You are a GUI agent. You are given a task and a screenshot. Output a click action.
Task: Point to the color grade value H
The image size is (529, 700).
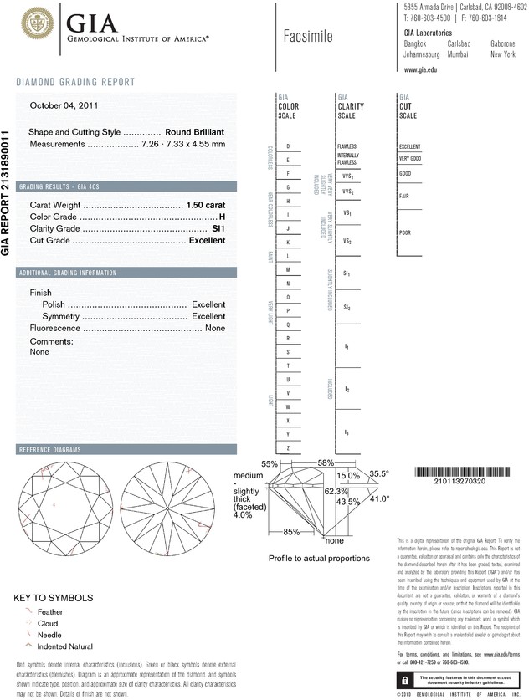pyautogui.click(x=222, y=217)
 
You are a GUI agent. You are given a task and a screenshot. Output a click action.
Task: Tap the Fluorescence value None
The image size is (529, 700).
pyautogui.click(x=215, y=329)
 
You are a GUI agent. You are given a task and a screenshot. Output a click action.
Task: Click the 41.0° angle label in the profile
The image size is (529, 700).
pyautogui.click(x=380, y=498)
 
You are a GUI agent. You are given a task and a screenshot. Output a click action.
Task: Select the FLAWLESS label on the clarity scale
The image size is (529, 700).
pyautogui.click(x=347, y=146)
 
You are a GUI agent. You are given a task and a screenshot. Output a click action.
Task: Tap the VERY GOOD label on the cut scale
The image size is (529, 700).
pyautogui.click(x=410, y=158)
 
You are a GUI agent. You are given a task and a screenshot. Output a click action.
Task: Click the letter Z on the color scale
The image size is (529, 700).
pyautogui.click(x=288, y=449)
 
